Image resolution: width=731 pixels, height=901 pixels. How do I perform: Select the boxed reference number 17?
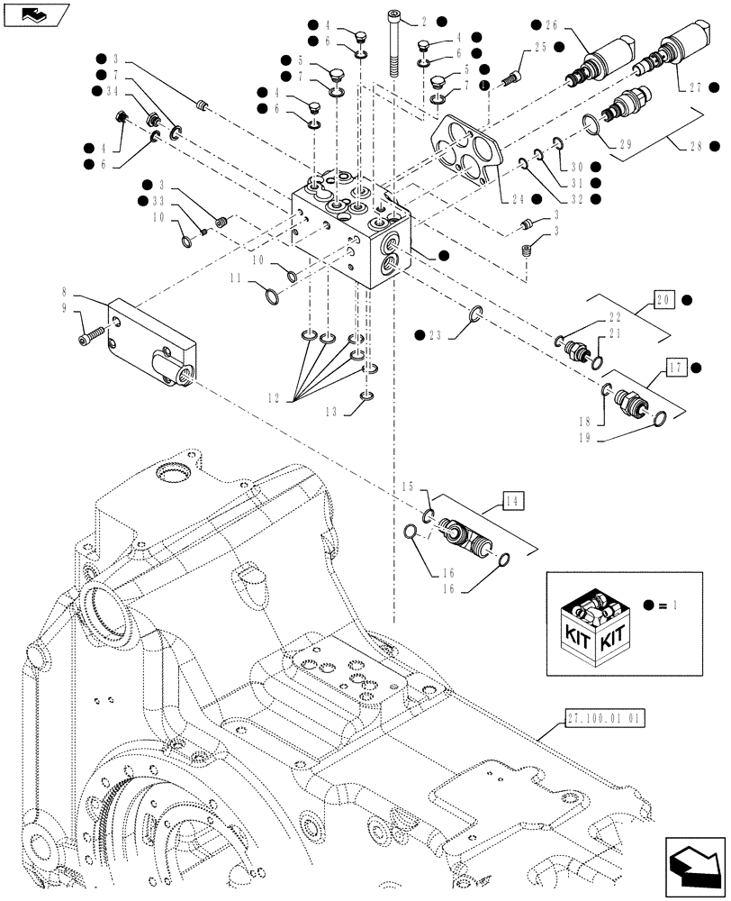coord(676,367)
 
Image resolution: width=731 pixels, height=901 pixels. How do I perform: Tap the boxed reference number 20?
coord(664,300)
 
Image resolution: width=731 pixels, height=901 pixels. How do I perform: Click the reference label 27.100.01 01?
coord(608,718)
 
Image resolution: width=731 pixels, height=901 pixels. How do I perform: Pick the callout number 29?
coord(626,143)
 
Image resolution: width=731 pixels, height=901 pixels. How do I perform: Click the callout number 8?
coord(65,293)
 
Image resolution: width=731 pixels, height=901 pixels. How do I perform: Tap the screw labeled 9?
coord(86,338)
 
